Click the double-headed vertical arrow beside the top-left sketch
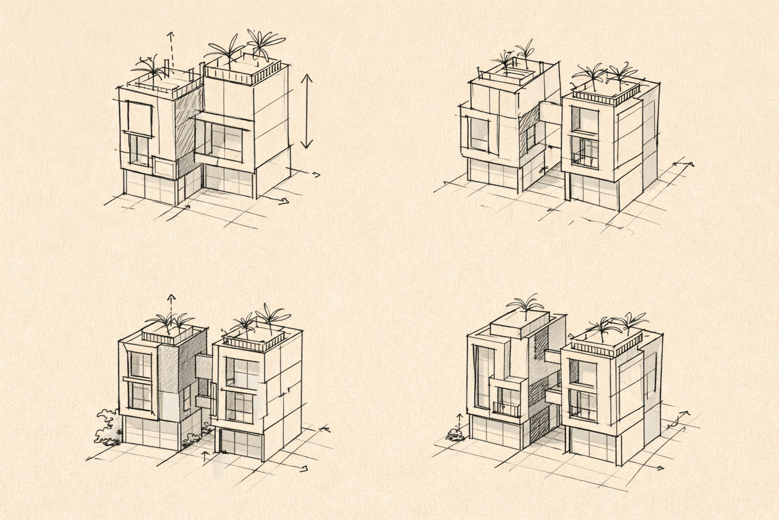(306, 111)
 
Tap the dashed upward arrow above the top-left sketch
(171, 51)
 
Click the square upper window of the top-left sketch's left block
(140, 118)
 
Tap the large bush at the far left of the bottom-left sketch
(107, 428)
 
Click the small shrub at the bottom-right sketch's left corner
(455, 434)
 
